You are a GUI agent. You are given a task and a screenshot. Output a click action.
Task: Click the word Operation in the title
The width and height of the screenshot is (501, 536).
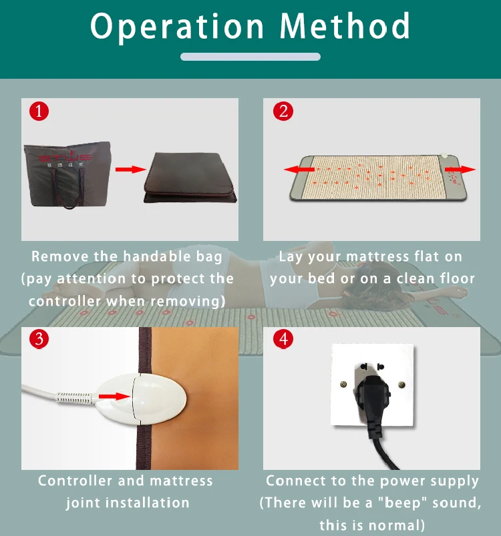coord(177,27)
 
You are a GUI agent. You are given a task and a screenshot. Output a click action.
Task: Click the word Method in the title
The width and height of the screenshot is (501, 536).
coord(345,25)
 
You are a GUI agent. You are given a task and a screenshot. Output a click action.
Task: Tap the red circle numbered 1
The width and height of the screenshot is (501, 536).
coord(39,111)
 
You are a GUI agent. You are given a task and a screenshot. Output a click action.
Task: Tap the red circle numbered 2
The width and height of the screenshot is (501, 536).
coord(283,111)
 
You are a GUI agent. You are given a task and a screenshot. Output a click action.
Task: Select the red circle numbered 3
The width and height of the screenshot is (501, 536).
coord(39,339)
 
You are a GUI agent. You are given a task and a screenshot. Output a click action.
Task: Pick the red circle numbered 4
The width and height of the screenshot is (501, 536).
coord(283,339)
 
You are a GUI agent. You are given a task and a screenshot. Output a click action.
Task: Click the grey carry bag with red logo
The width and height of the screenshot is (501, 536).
coord(67,174)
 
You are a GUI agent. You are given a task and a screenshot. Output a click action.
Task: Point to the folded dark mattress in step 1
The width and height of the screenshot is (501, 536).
coord(190,178)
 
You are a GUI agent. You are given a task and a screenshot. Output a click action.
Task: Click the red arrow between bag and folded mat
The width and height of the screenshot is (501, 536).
coord(131,169)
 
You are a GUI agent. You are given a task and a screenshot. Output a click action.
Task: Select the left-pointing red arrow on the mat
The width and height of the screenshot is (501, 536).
coord(299,169)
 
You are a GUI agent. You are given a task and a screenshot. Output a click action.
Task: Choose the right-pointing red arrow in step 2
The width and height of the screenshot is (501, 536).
coord(460,169)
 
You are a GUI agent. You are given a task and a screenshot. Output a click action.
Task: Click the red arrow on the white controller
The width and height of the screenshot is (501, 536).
coord(114,396)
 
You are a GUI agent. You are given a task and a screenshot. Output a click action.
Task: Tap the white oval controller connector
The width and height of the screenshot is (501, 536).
coord(141,399)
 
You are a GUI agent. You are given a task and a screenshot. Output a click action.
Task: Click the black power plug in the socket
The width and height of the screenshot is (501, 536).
coord(373,402)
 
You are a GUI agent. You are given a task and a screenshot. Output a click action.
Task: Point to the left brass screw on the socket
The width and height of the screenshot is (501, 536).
coord(343,384)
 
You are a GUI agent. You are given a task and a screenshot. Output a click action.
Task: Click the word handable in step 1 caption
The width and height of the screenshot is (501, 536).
coord(156,256)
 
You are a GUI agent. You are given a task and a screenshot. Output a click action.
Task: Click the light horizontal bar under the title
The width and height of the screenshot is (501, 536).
coord(251,57)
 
